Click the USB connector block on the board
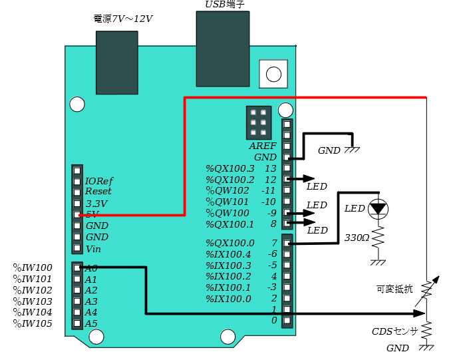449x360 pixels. (223, 49)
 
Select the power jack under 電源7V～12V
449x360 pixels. (117, 63)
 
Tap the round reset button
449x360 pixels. (273, 74)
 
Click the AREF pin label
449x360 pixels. (263, 146)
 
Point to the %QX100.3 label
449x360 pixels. (230, 168)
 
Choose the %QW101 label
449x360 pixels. (227, 202)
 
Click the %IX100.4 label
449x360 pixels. (228, 254)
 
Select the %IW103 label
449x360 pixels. (33, 301)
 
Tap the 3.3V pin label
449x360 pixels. (96, 204)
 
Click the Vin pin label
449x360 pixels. (93, 249)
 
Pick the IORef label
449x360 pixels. (99, 181)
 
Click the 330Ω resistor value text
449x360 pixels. (357, 238)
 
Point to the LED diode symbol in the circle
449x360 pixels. (378, 209)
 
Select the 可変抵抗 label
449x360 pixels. (394, 289)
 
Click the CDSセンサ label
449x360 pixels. (394, 331)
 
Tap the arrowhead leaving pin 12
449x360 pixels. (309, 179)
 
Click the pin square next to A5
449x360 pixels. (77, 323)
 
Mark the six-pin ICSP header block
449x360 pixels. (259, 122)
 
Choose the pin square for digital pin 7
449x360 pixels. (287, 243)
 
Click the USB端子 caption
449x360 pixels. (225, 4)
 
